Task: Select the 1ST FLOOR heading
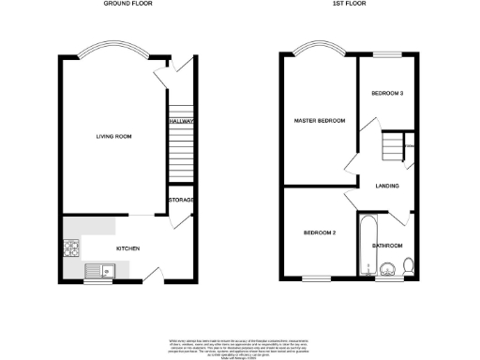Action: click(x=348, y=5)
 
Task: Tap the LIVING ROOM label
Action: click(x=112, y=137)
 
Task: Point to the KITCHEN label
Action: click(x=127, y=248)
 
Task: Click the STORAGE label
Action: click(x=181, y=200)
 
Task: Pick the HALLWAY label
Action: click(x=181, y=122)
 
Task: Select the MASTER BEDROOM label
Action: click(x=319, y=121)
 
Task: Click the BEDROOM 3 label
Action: click(x=387, y=94)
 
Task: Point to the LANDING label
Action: click(x=387, y=186)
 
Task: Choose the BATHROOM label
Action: click(x=387, y=246)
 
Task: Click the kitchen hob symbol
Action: click(x=70, y=248)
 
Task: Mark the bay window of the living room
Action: click(x=112, y=50)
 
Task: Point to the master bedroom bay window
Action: click(x=319, y=50)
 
